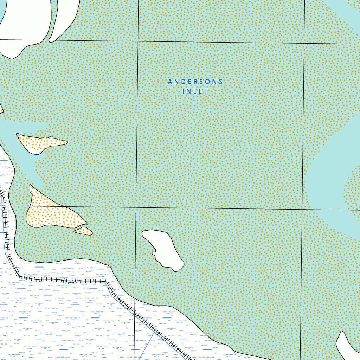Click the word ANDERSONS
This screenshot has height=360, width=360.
click(195, 82)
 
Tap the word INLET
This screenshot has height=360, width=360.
click(195, 91)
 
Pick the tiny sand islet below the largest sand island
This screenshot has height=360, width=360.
click(83, 231)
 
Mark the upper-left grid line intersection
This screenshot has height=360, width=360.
click(137, 41)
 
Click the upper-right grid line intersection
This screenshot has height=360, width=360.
click(304, 43)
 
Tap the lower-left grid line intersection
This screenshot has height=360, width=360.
click(136, 207)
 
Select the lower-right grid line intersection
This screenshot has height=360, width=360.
click(303, 210)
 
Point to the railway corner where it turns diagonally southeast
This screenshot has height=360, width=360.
click(106, 282)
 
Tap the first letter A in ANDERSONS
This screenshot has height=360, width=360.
click(170, 82)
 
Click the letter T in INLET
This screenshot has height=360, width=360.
click(206, 91)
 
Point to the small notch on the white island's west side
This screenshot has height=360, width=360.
click(153, 253)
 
